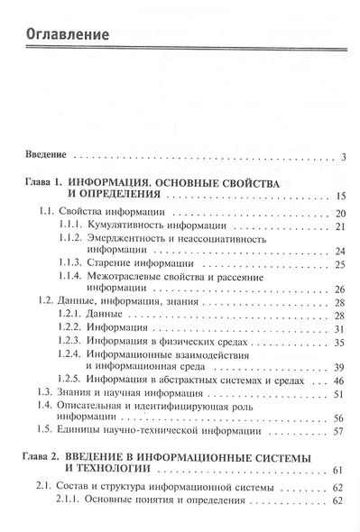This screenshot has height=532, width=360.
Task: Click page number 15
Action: [x=340, y=195]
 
